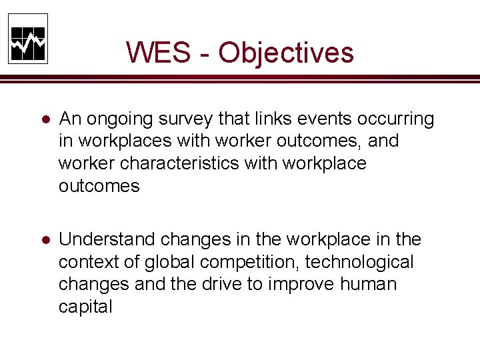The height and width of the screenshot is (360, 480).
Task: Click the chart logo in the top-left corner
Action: coord(28,39)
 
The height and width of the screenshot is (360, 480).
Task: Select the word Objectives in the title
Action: coord(286,53)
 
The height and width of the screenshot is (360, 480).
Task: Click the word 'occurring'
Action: coord(397,120)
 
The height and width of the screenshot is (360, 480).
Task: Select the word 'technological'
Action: coord(359,262)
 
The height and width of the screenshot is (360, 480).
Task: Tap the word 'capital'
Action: coord(85,307)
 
